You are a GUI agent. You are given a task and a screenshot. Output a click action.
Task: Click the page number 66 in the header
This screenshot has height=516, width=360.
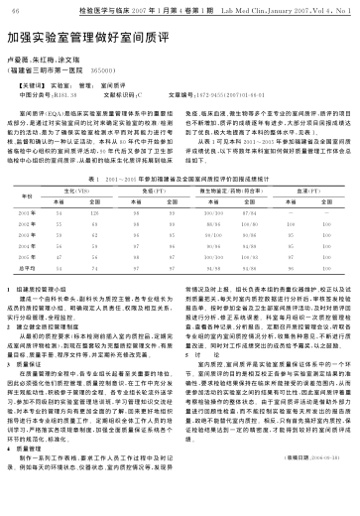(x=15, y=9)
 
